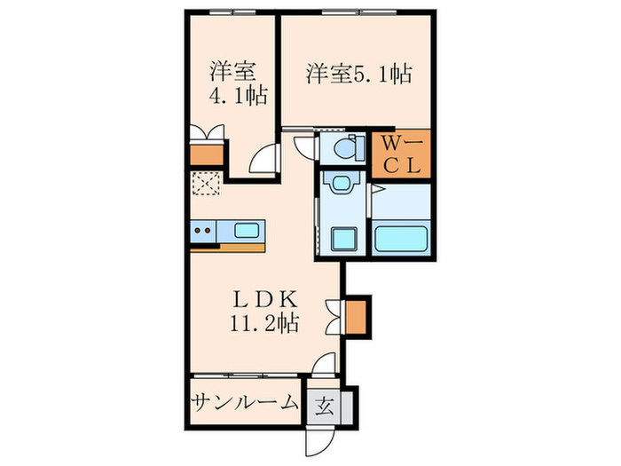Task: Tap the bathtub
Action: click(x=402, y=239)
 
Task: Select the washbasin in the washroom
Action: click(x=340, y=186)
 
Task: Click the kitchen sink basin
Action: click(x=247, y=232)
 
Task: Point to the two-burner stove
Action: click(x=202, y=232)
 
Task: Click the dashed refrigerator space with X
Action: click(x=205, y=185)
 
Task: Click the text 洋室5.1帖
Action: click(x=358, y=74)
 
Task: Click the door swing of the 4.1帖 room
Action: click(x=263, y=162)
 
